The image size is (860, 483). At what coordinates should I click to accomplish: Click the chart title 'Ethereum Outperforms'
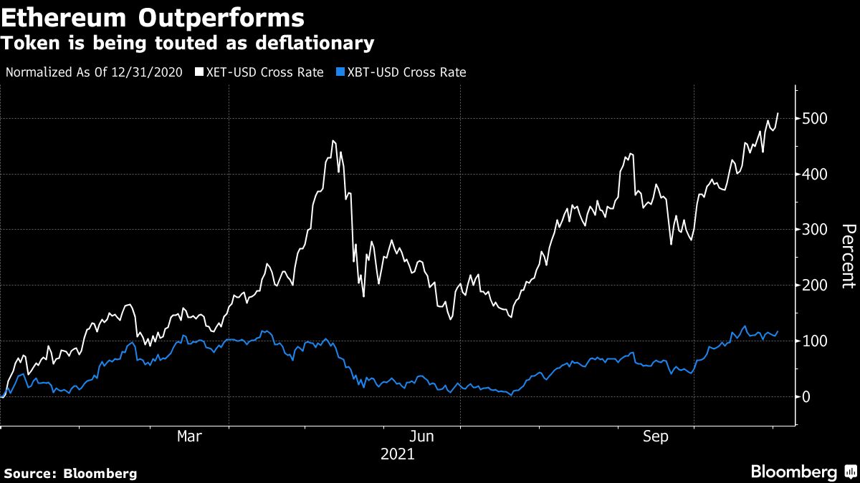(x=152, y=16)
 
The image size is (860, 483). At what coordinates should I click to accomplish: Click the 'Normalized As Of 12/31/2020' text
(x=93, y=72)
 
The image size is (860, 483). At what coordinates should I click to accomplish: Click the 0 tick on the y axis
(x=808, y=397)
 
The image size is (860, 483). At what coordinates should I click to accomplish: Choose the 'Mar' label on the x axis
(x=189, y=436)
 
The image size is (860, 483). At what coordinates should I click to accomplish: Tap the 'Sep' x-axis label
(x=656, y=436)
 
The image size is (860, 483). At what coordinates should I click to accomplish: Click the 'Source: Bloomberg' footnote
(x=70, y=473)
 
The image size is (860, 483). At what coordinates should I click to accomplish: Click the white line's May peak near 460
(x=333, y=141)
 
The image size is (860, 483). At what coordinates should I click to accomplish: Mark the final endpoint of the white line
(x=778, y=112)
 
